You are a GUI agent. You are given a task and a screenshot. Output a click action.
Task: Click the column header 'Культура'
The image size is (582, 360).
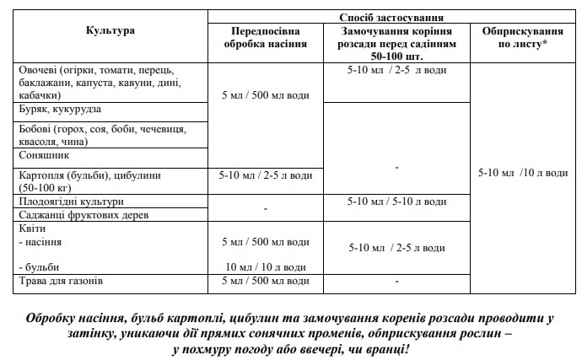[110, 31]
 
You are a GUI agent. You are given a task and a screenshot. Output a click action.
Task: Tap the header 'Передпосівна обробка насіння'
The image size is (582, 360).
[264, 35]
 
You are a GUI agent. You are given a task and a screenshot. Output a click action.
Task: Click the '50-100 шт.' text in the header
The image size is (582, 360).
[390, 53]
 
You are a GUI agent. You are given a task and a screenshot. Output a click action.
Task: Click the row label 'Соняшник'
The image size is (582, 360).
[44, 156]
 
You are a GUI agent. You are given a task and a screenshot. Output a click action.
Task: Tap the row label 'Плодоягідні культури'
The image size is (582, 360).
[71, 201]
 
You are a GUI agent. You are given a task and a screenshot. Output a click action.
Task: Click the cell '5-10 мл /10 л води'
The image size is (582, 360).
[522, 174]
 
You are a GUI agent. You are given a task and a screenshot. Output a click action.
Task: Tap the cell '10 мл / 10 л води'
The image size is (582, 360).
[264, 266]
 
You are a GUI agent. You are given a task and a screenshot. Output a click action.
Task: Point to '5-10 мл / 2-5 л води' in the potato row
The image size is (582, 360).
[264, 175]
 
